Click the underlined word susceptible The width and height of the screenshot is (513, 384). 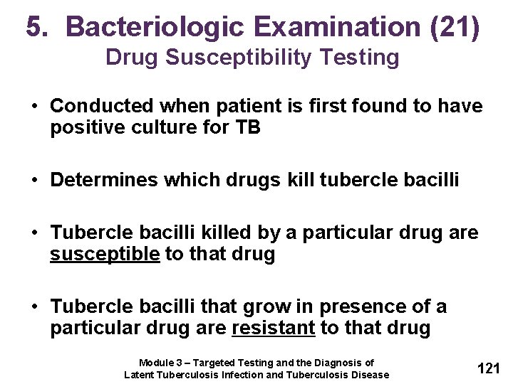coord(105,254)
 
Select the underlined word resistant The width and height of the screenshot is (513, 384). coord(274,328)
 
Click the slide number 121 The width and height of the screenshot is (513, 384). coord(488,368)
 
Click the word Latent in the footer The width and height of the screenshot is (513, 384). coord(140,375)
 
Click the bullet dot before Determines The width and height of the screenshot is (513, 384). coord(35,181)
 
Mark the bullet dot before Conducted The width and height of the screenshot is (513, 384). coord(35,107)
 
